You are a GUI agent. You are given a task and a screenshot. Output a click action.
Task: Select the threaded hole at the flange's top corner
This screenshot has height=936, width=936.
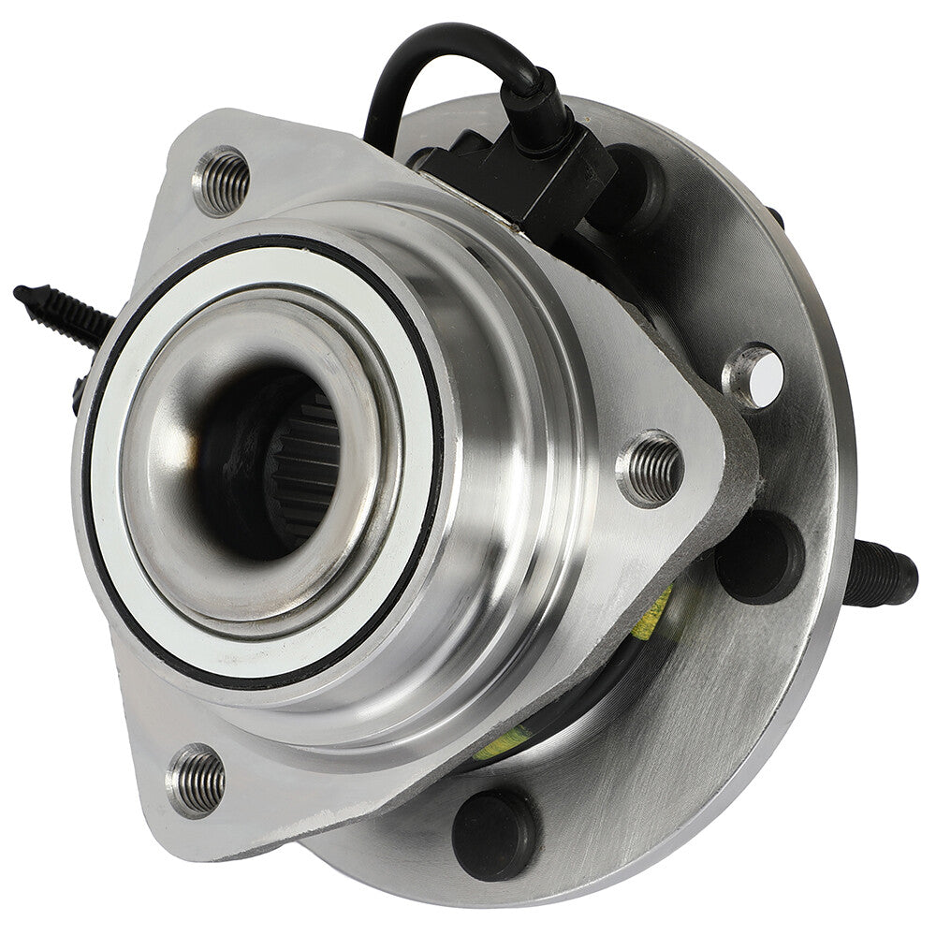pyautogui.click(x=223, y=181)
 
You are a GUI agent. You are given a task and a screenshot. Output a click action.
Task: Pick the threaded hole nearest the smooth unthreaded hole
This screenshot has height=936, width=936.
pyautogui.click(x=651, y=468)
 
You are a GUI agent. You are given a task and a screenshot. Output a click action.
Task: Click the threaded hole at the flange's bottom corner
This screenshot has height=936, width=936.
pyautogui.click(x=197, y=779)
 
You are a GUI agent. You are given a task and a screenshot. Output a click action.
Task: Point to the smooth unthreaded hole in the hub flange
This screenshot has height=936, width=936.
pyautogui.click(x=754, y=377)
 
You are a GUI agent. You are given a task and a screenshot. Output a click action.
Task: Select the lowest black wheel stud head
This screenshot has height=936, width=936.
pyautogui.click(x=495, y=832)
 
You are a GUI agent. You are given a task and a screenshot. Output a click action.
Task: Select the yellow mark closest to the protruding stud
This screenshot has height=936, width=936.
pyautogui.click(x=655, y=613)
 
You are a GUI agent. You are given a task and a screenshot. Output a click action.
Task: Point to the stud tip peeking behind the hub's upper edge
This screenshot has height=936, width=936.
pyautogui.click(x=776, y=217)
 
